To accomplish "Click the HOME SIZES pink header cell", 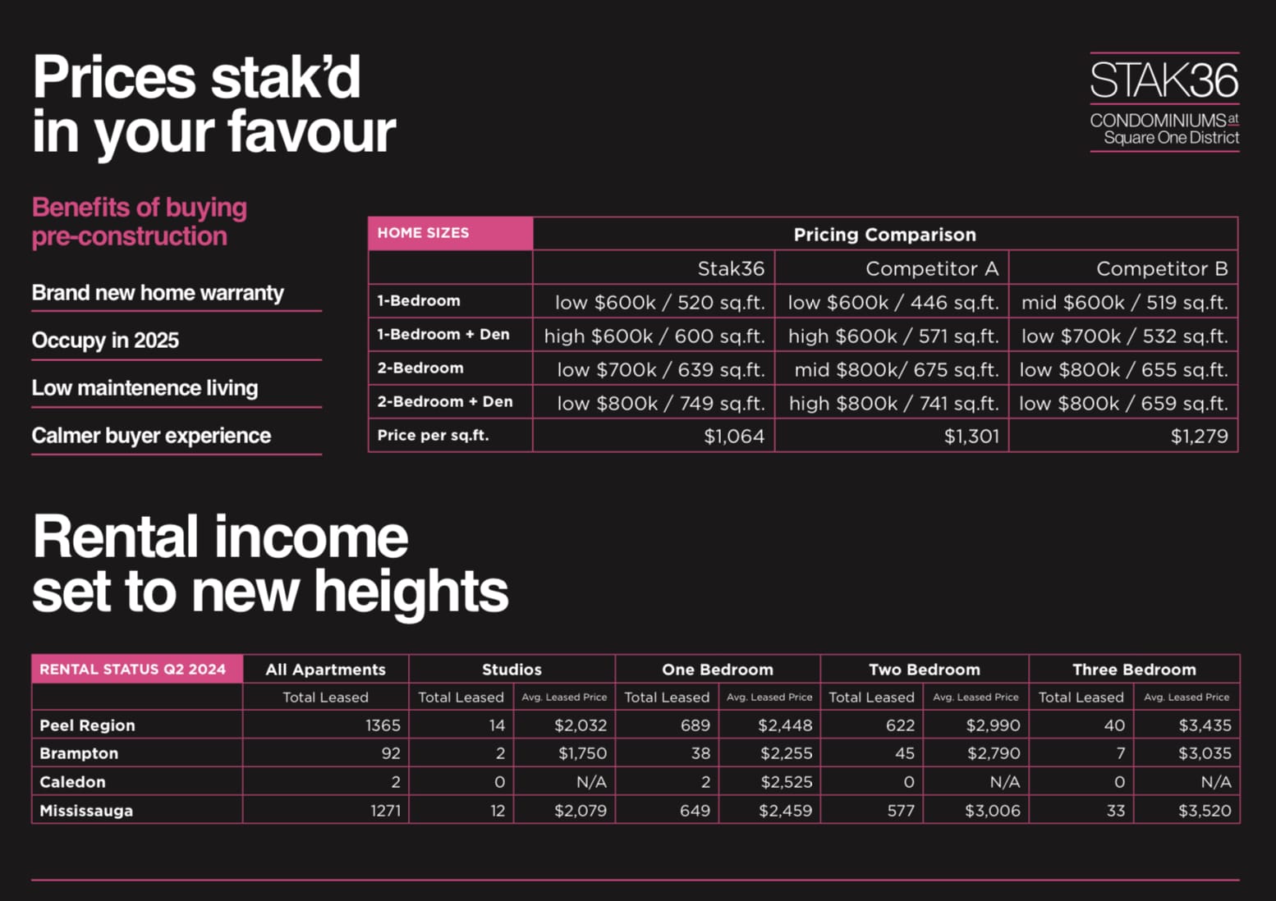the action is tap(451, 233).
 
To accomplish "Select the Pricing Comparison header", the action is tap(884, 235).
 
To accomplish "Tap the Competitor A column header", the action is tap(932, 268).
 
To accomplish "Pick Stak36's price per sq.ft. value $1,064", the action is tap(734, 436).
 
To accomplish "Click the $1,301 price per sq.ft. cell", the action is tap(971, 436).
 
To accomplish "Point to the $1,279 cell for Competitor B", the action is tap(1199, 436).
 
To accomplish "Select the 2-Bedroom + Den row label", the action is tap(444, 401).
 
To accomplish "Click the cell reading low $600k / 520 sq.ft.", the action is tap(659, 302).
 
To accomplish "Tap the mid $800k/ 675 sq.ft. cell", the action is tap(897, 370).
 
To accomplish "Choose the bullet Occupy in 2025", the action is tap(105, 340).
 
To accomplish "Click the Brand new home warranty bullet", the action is tap(158, 293).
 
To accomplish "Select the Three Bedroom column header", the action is tap(1134, 670).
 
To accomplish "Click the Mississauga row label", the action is tap(86, 810).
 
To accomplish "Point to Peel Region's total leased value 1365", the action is tap(383, 725).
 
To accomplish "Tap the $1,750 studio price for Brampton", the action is tap(582, 753).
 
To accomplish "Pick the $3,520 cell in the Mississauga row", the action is tap(1205, 810).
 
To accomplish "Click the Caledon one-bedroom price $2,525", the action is tap(786, 781).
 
